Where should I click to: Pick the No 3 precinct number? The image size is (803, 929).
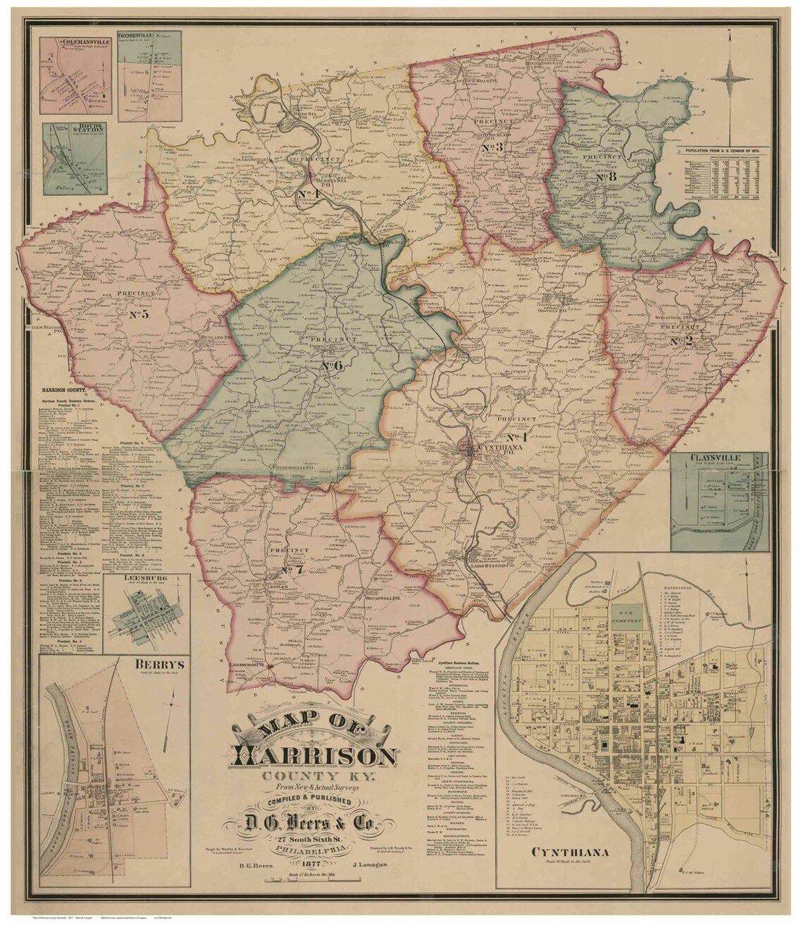pos(492,148)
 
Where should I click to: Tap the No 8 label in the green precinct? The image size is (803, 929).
pos(606,177)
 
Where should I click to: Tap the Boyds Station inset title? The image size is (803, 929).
pos(68,130)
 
